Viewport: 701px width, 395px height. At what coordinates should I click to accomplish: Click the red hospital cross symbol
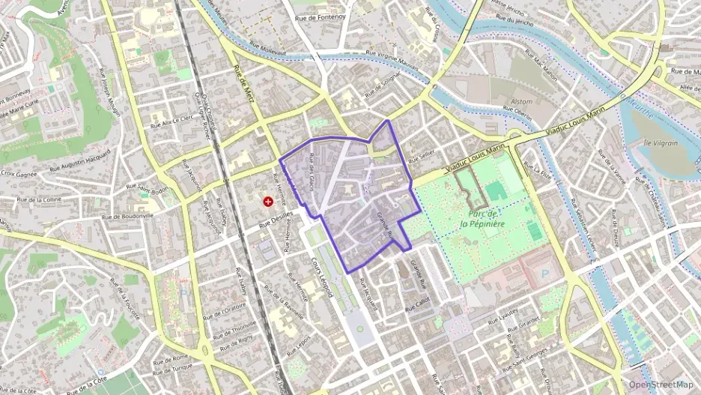[x=267, y=202]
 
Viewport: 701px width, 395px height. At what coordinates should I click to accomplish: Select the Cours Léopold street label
[x=322, y=278]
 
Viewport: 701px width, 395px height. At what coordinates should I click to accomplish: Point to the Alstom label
[x=521, y=102]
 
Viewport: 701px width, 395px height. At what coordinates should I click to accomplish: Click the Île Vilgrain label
[x=650, y=142]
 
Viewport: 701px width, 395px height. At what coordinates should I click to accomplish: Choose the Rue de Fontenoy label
[x=321, y=17]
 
